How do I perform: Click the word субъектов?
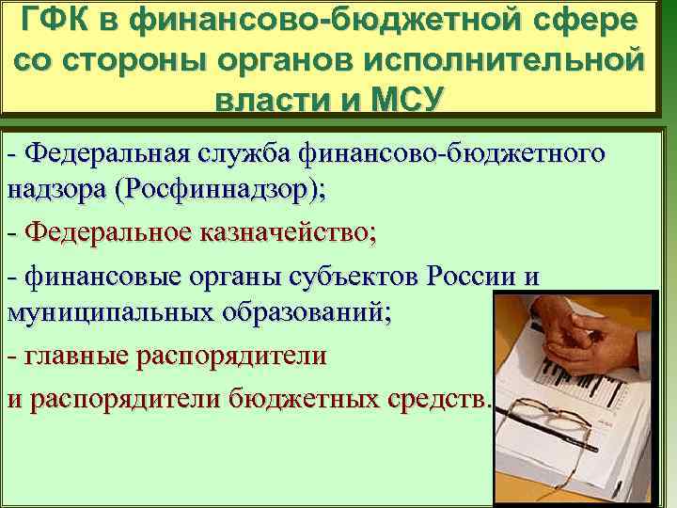pos(360,277)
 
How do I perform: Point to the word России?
pos(472,277)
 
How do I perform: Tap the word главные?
pos(71,357)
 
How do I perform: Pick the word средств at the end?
pos(436,398)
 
